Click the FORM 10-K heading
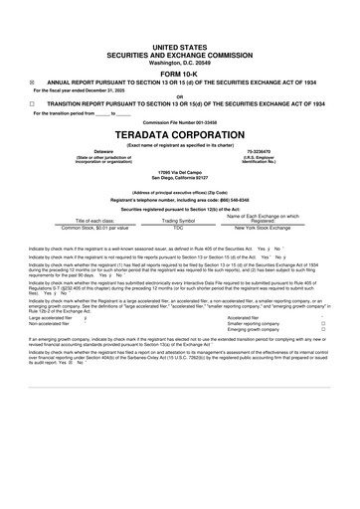point(180,74)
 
